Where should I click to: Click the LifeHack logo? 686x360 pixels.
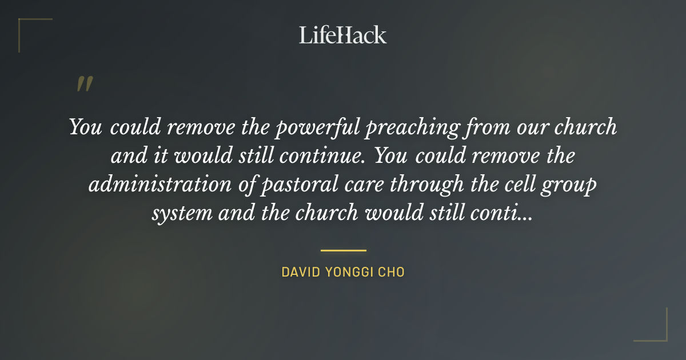(343, 35)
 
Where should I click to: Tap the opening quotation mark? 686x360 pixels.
(85, 85)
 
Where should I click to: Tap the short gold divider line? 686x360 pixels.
(343, 250)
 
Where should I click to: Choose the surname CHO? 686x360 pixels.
(394, 272)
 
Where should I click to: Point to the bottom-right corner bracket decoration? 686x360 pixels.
(657, 331)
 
